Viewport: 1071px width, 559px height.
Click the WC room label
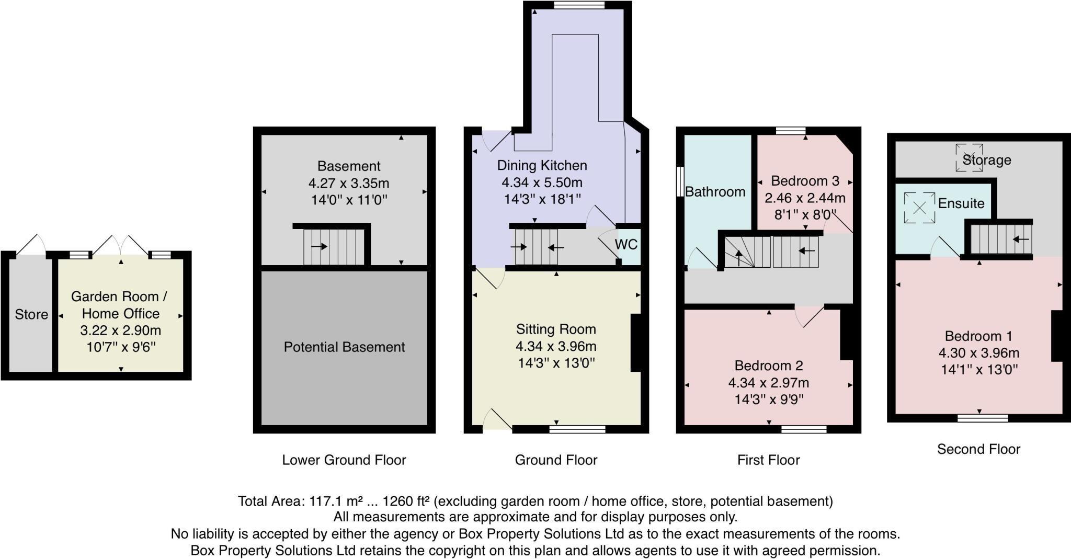(626, 244)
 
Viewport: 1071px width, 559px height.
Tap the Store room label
(31, 314)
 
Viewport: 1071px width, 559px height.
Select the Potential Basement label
(344, 347)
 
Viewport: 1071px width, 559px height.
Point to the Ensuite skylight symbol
(919, 208)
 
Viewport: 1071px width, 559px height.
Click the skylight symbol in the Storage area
(969, 157)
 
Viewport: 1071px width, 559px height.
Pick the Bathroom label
(715, 192)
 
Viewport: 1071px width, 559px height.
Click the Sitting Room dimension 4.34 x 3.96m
(556, 346)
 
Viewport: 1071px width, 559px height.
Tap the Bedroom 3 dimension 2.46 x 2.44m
(805, 198)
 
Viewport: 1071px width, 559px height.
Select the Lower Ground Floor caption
(344, 460)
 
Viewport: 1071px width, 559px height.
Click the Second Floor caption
(978, 449)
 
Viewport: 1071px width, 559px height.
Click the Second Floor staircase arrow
(1021, 239)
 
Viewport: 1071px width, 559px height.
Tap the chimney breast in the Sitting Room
(636, 343)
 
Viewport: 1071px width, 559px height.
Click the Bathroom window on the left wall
(680, 181)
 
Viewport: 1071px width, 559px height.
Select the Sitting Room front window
(577, 429)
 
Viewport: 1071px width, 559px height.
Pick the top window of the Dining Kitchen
(579, 5)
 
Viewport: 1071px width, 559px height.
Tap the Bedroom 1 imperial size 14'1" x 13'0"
(979, 370)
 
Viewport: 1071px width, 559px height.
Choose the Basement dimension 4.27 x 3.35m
(349, 184)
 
